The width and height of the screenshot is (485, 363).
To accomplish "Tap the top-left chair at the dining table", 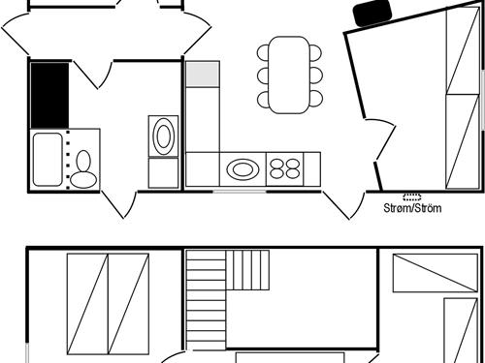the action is (265, 52).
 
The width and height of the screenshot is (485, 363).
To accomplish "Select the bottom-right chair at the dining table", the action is (314, 98).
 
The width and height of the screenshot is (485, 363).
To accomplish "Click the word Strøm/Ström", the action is (412, 208).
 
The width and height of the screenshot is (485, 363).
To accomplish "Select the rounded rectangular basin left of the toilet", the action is (47, 160).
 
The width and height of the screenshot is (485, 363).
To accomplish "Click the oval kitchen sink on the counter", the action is (243, 170).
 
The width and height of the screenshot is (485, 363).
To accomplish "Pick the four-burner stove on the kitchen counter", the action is (285, 169).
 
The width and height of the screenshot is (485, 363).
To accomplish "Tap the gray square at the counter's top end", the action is (203, 74).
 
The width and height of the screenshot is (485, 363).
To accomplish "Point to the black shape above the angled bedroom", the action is (371, 13).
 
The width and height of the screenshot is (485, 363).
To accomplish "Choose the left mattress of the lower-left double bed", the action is (87, 305).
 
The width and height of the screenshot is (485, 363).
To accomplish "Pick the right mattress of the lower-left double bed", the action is (128, 305).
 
